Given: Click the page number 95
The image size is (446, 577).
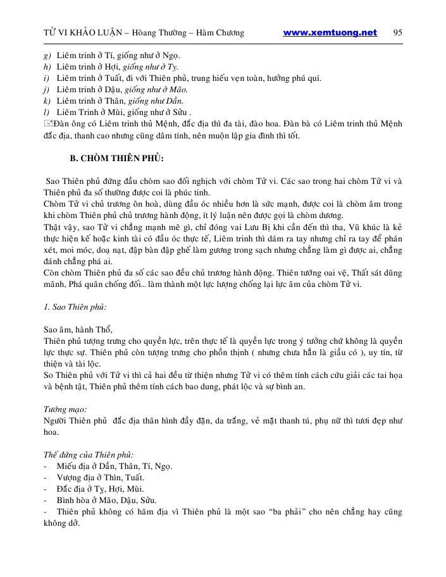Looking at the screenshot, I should click(x=398, y=33).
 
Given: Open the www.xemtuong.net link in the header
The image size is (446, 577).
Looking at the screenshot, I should click(x=330, y=33).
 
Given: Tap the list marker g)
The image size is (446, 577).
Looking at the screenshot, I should click(x=47, y=55).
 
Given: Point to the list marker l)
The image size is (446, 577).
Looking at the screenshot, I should click(x=47, y=112).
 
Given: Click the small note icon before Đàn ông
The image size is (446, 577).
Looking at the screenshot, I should click(x=48, y=124).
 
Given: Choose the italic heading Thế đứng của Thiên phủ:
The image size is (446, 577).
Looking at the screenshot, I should click(x=88, y=454).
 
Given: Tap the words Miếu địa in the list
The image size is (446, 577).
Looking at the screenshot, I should click(x=76, y=466).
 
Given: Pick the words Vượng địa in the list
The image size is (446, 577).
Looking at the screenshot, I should click(x=78, y=478).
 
